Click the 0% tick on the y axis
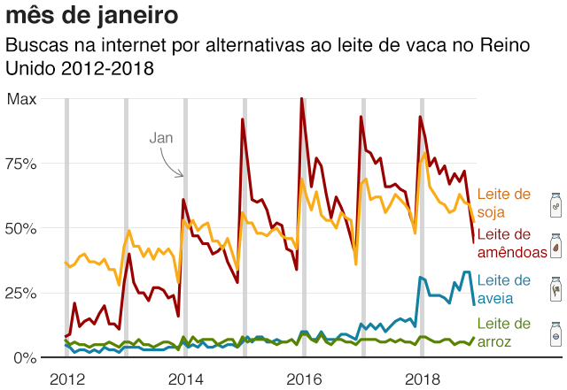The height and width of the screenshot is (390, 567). point(25,357)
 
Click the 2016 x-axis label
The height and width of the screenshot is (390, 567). point(303,379)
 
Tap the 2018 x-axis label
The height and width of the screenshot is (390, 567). point(422,379)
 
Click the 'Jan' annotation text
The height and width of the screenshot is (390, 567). point(160,138)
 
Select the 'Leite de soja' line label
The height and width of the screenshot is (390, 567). point(503,203)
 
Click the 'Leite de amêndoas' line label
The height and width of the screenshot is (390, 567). point(511,243)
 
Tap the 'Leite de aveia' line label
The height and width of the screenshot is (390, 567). point(503,288)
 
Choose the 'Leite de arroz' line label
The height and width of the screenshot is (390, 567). point(503,333)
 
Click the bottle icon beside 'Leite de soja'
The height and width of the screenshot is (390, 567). point(555,204)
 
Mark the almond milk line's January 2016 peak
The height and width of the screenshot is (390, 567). point(302,99)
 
